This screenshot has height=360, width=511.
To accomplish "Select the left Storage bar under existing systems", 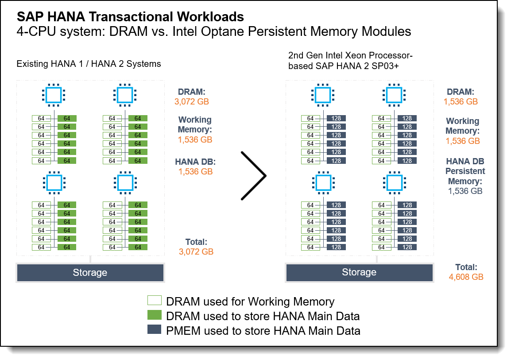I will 90,272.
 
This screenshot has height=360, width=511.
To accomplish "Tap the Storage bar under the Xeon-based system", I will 359,272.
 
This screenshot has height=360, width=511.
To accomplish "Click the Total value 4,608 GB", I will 466,277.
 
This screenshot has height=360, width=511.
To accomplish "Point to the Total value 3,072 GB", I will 196,252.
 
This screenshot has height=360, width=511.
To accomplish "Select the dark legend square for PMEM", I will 155,330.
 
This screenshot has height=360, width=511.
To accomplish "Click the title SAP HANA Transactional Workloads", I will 130,17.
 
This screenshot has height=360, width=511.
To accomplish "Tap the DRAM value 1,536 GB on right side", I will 461,101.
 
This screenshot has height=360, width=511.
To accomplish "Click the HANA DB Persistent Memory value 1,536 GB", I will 465,191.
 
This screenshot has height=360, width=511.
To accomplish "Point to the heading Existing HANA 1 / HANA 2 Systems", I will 89,64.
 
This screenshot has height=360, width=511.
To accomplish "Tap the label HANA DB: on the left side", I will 195,162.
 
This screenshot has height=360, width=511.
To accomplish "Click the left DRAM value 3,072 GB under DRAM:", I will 192,101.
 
